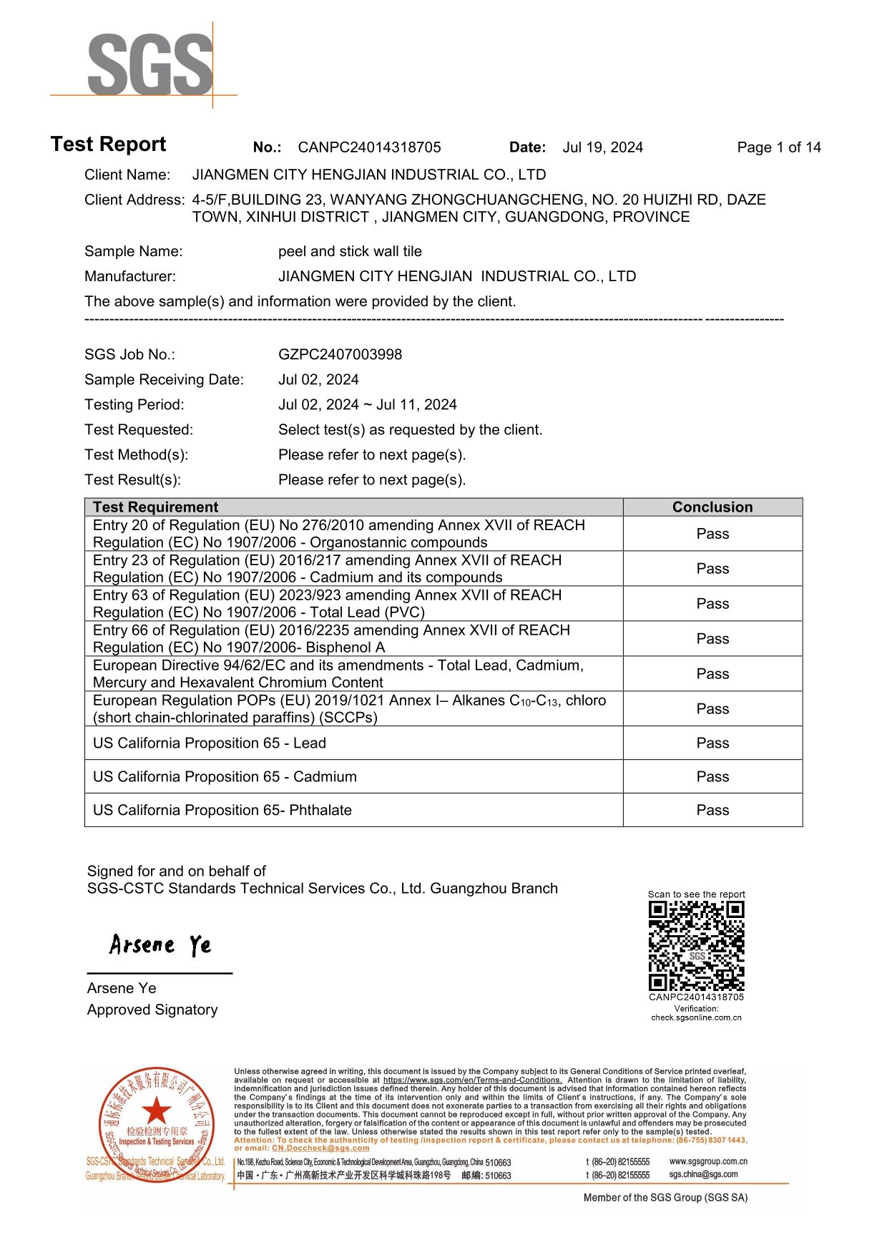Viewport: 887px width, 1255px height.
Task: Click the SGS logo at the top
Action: (x=150, y=64)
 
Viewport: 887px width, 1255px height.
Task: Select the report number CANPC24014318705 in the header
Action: (x=369, y=147)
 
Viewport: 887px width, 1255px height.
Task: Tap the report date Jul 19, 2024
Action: (x=602, y=147)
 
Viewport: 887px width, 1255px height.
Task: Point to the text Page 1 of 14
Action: (x=778, y=147)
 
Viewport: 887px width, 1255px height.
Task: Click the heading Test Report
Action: (x=108, y=145)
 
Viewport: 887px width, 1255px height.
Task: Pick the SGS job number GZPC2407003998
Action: (x=340, y=354)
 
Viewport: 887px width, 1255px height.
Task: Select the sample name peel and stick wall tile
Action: (x=350, y=251)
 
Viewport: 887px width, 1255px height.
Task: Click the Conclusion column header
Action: (x=712, y=507)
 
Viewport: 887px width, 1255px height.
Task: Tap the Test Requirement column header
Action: (x=155, y=507)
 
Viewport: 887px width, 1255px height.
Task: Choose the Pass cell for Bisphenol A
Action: (x=712, y=638)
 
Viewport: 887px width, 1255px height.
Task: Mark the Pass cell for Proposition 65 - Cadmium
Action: (x=712, y=776)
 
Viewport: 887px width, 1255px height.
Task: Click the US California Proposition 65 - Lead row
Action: (x=210, y=743)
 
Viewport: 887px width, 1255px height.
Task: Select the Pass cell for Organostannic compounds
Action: (x=712, y=534)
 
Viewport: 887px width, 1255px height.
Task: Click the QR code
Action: (x=696, y=946)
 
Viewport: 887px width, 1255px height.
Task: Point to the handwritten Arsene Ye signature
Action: (x=160, y=945)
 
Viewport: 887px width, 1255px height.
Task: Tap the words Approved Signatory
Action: (x=152, y=1010)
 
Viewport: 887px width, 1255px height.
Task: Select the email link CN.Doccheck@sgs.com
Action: (x=320, y=1148)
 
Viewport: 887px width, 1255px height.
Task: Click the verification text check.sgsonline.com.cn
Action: (x=696, y=1017)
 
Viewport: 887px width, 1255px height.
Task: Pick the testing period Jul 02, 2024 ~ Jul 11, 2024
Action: (x=367, y=404)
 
